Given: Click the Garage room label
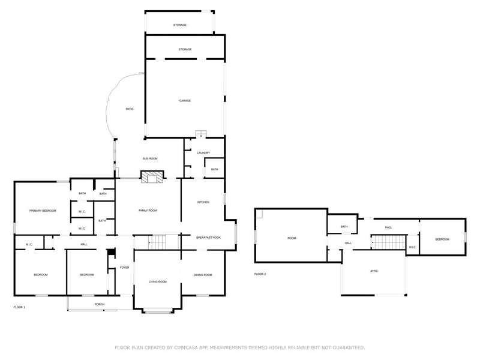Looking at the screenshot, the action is (185, 101).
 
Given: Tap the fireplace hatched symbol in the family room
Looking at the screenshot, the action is (152, 177).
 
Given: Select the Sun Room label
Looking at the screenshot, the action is (150, 158).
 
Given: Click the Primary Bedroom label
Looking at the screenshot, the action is (43, 211).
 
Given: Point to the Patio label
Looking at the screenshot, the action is (130, 109).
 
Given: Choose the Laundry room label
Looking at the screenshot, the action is (203, 153).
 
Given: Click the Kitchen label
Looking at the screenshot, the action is (203, 202).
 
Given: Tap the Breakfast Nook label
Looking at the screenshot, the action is (208, 238).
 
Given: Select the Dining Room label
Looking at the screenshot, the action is (203, 275).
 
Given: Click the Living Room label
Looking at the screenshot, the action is (158, 281).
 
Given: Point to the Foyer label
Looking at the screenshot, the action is (124, 268).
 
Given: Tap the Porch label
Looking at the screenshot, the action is (100, 304).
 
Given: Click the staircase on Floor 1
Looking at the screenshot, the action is (157, 242).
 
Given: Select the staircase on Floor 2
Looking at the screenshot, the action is (388, 242).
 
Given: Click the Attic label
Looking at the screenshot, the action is (374, 271).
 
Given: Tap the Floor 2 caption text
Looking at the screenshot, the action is (260, 274).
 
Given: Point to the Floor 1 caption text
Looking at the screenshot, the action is (19, 307).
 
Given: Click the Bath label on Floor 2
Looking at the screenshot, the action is (344, 227).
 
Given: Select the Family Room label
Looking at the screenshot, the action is (148, 211).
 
